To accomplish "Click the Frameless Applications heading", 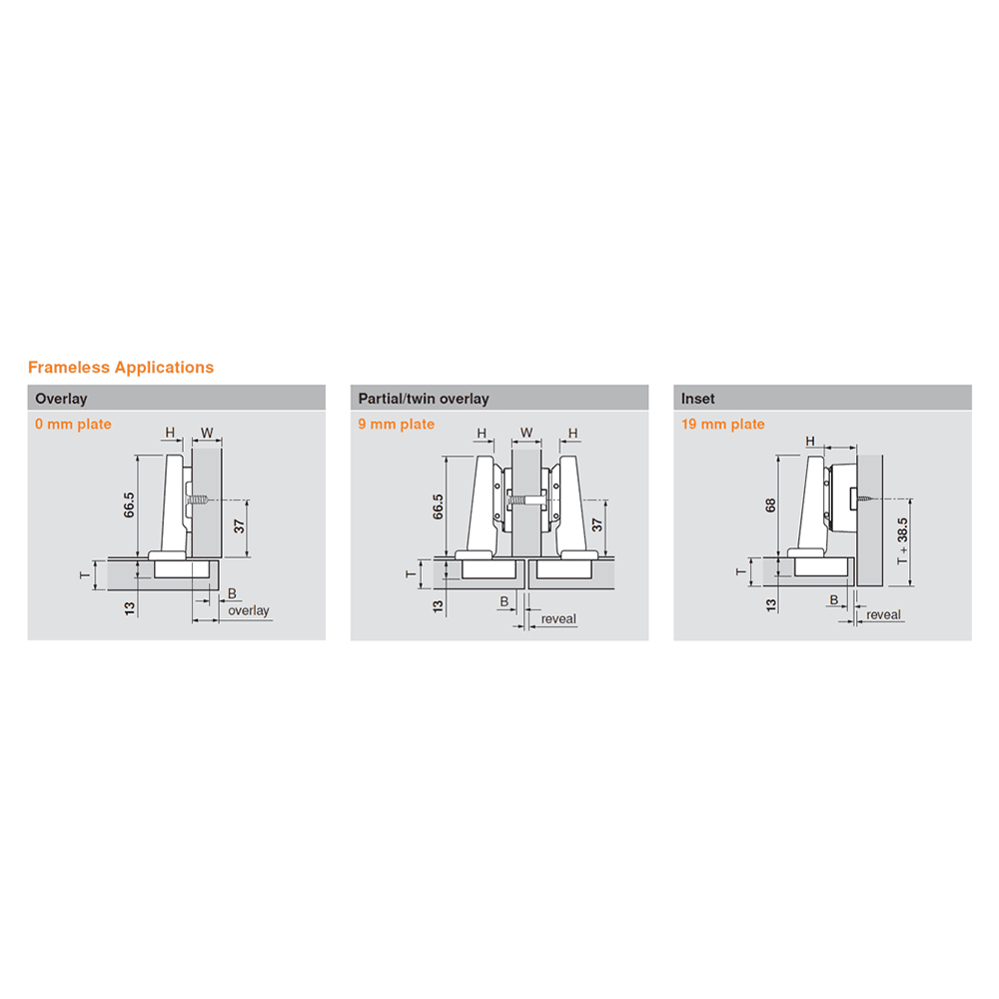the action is pyautogui.click(x=121, y=368).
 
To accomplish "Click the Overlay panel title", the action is pyautogui.click(x=61, y=399).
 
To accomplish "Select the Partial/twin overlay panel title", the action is pyautogui.click(x=424, y=399).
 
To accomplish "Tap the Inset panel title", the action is pyautogui.click(x=697, y=399).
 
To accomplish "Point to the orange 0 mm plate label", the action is pyautogui.click(x=73, y=425).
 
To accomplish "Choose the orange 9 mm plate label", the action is pyautogui.click(x=397, y=425).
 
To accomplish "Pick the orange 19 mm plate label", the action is pyautogui.click(x=723, y=425).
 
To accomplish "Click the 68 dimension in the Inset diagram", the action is pyautogui.click(x=770, y=505).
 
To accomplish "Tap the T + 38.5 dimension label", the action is pyautogui.click(x=902, y=540).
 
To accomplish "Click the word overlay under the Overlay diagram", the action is pyautogui.click(x=249, y=611).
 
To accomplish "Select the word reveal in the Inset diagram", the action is pyautogui.click(x=884, y=614).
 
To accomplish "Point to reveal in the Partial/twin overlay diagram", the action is pyautogui.click(x=558, y=619).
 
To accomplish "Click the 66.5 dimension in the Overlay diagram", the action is pyautogui.click(x=129, y=505).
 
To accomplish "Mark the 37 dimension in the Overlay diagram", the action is pyautogui.click(x=239, y=526).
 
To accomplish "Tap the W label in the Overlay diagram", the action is pyautogui.click(x=207, y=434).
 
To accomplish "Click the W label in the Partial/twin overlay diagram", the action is pyautogui.click(x=526, y=433).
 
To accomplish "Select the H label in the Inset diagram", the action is pyautogui.click(x=810, y=441).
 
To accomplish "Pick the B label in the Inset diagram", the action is pyautogui.click(x=834, y=600).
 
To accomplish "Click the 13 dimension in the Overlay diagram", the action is pyautogui.click(x=130, y=609).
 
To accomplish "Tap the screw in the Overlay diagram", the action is pyautogui.click(x=198, y=500).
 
